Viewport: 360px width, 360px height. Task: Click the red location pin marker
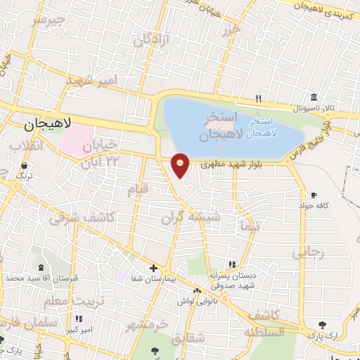[181, 165]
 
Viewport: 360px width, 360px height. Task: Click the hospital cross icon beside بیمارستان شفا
[153, 268]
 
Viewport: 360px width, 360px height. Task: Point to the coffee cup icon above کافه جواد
[313, 195]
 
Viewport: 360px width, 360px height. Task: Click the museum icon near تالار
[313, 97]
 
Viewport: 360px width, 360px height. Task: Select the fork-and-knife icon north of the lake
[259, 98]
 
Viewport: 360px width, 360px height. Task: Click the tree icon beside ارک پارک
[322, 325]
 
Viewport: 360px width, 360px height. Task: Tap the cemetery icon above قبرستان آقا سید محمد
[40, 267]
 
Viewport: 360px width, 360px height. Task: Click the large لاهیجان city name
[49, 124]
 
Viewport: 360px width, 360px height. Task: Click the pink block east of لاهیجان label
[79, 140]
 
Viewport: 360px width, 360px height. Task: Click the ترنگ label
[25, 175]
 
